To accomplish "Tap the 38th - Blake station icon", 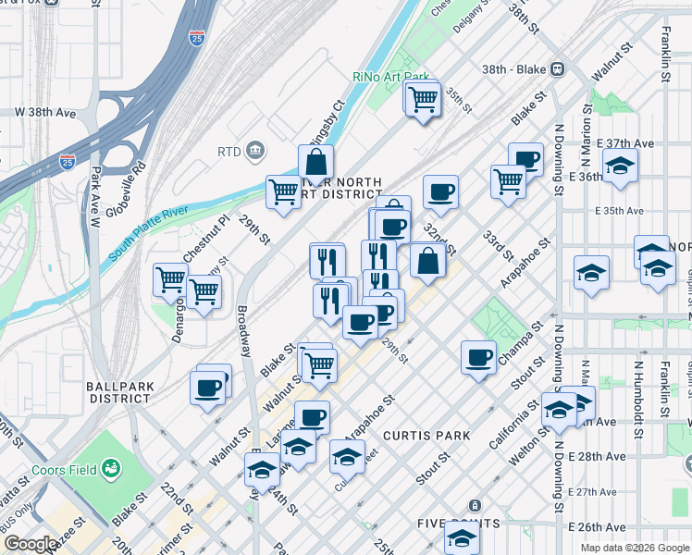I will tap(558, 68).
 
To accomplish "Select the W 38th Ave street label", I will tap(44, 112).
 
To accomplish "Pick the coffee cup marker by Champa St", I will tap(478, 357).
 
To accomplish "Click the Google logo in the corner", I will tap(31, 544).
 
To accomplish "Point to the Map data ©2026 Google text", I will tap(634, 548).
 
